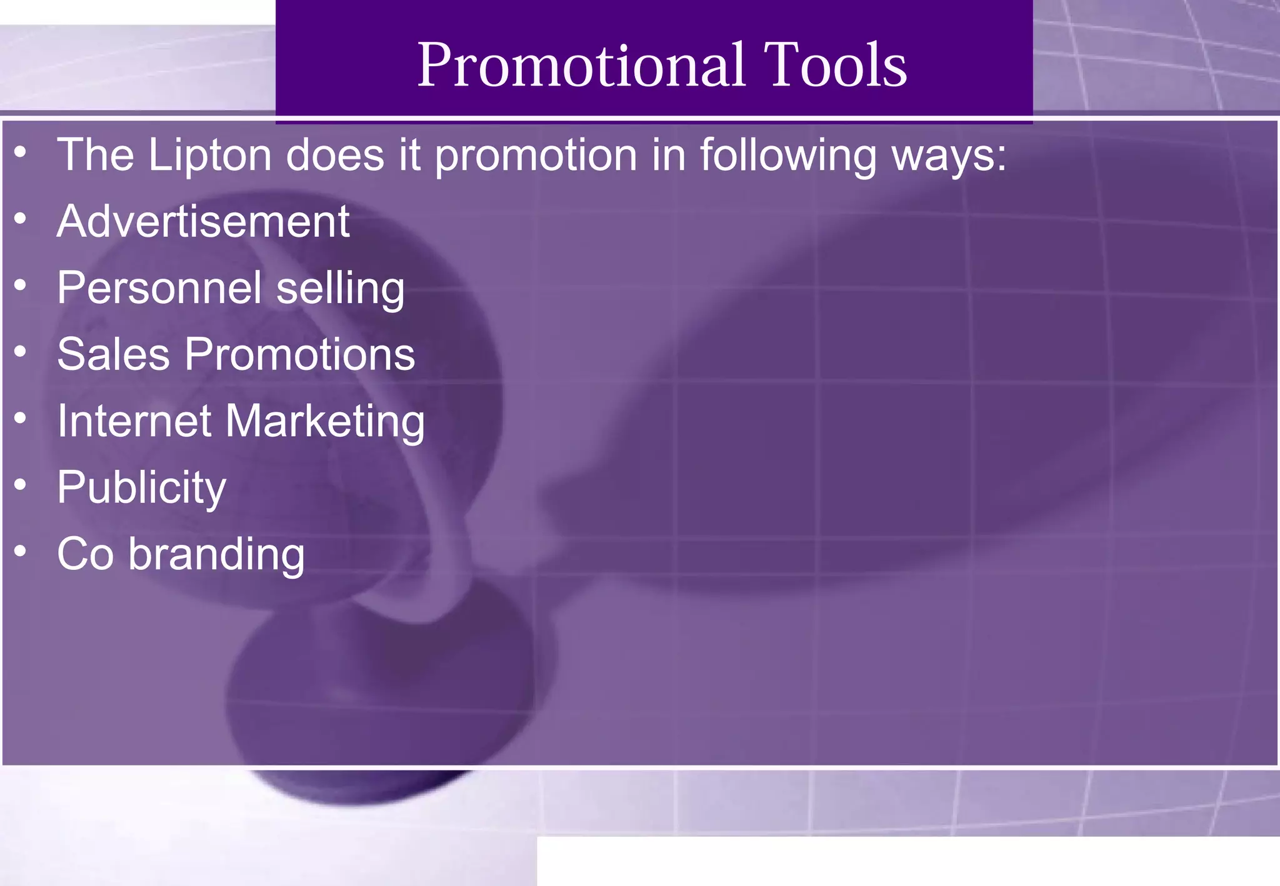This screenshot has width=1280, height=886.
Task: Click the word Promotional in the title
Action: (x=581, y=65)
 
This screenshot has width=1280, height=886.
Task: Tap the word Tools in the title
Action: (x=835, y=65)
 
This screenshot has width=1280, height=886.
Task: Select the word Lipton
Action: (x=210, y=155)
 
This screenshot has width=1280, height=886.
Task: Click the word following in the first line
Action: (x=788, y=155)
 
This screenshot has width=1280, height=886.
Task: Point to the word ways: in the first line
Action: (x=949, y=156)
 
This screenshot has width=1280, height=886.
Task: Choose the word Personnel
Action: (x=159, y=288)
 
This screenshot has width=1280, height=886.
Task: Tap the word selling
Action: (x=341, y=289)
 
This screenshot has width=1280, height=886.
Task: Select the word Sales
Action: (x=114, y=354)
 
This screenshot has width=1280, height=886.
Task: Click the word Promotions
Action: (x=300, y=354)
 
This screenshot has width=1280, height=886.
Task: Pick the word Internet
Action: (x=134, y=421)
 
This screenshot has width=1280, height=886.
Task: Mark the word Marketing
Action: (x=325, y=422)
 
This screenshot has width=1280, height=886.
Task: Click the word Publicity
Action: (x=141, y=488)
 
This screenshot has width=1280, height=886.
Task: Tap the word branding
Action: (x=216, y=555)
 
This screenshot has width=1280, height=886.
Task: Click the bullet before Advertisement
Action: (x=21, y=219)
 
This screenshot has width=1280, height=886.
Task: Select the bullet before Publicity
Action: (x=21, y=485)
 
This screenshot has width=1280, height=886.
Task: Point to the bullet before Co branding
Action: (x=21, y=551)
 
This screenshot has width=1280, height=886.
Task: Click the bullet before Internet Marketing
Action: (x=21, y=418)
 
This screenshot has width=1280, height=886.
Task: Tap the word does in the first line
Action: (x=335, y=155)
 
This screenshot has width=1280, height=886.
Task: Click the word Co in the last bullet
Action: (x=86, y=554)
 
